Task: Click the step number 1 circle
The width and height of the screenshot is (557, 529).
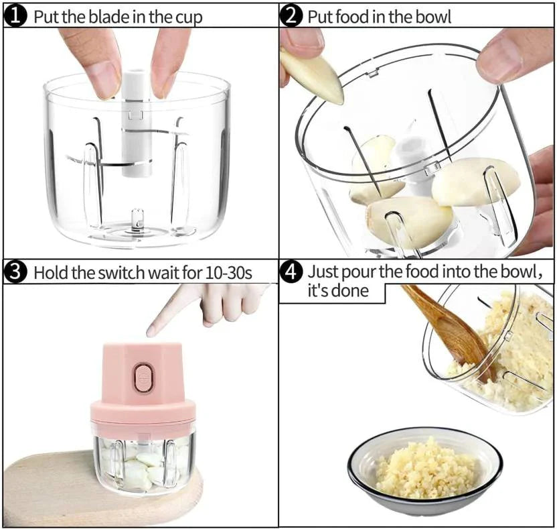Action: click(15, 16)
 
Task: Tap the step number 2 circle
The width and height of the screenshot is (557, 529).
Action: click(291, 16)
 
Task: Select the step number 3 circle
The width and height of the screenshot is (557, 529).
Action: click(15, 273)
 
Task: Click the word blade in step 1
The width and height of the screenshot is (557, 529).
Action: click(102, 17)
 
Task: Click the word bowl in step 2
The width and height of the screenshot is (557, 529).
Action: click(433, 17)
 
